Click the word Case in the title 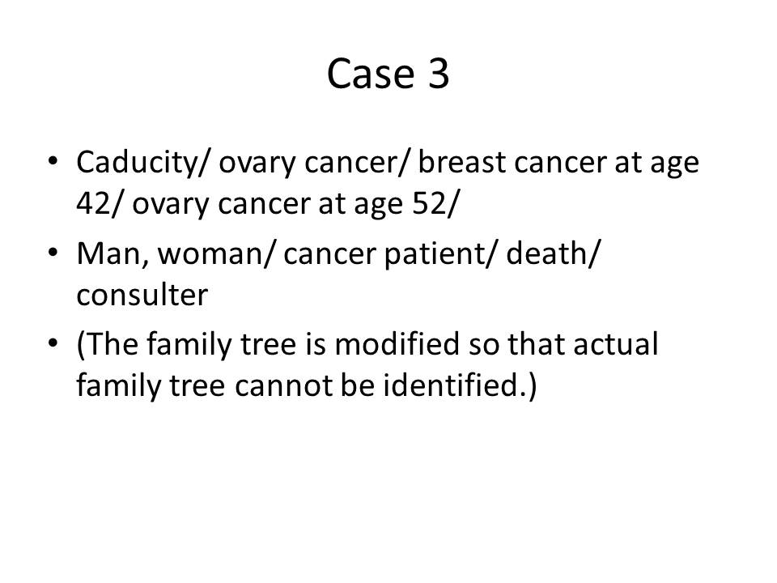[370, 74]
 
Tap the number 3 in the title [438, 74]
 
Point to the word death [546, 253]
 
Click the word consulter [142, 296]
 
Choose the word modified [397, 343]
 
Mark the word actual [616, 343]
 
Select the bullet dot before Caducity [53, 161]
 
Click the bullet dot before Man [53, 253]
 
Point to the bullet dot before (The [53, 343]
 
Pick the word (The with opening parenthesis [108, 345]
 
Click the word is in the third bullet [315, 344]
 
